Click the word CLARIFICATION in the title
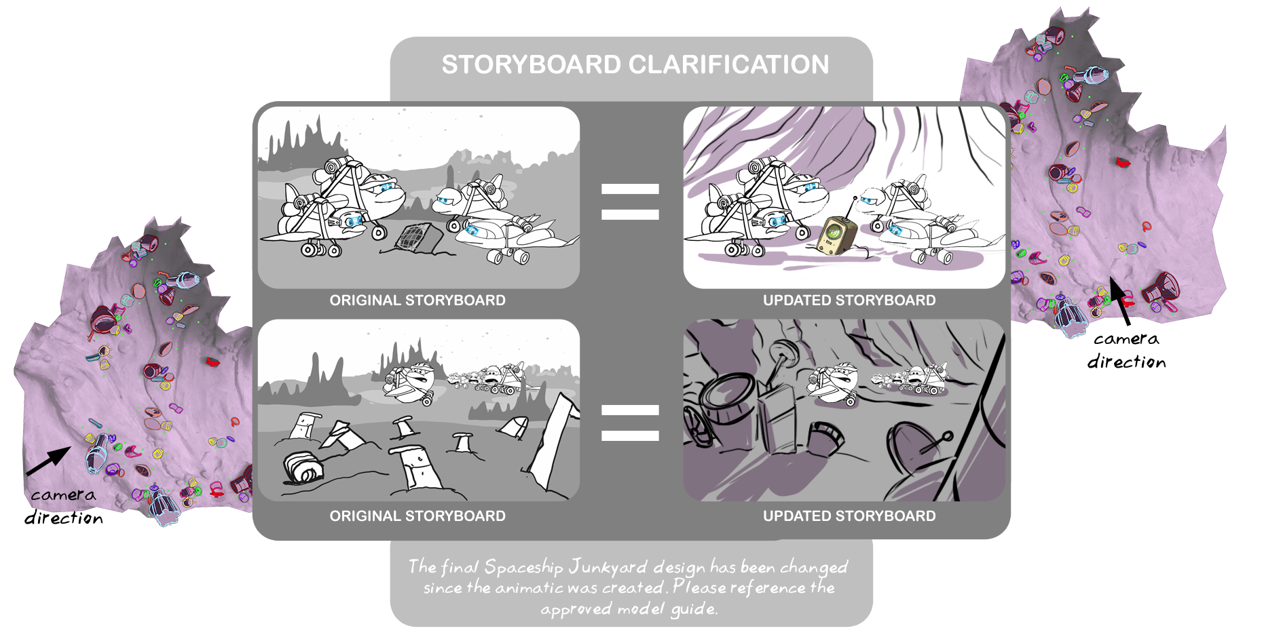pyautogui.click(x=728, y=65)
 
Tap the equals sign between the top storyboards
pyautogui.click(x=630, y=202)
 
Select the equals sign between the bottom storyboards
pyautogui.click(x=630, y=423)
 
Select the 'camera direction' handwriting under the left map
pyautogui.click(x=64, y=507)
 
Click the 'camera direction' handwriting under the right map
pyautogui.click(x=1127, y=351)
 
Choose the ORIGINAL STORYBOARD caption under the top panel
pyautogui.click(x=417, y=301)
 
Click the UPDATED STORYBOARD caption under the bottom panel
pyautogui.click(x=849, y=516)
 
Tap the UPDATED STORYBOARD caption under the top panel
pyautogui.click(x=849, y=301)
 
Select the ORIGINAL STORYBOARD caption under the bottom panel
pyautogui.click(x=417, y=516)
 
